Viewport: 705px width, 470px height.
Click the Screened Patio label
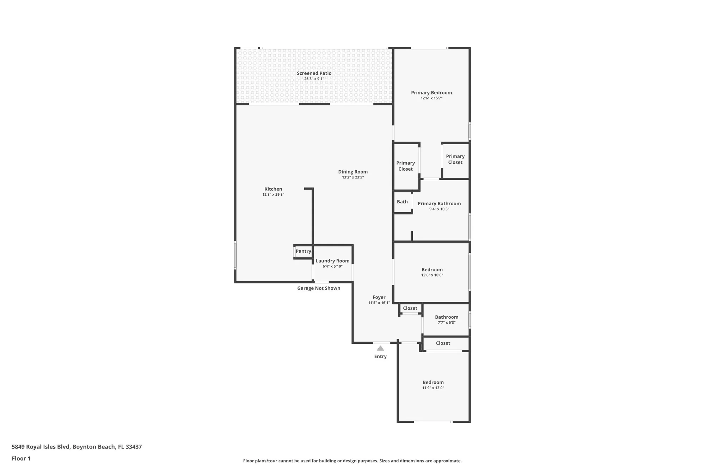pos(314,73)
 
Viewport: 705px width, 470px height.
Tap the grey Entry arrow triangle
pos(380,348)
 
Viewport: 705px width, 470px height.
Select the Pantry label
pos(303,251)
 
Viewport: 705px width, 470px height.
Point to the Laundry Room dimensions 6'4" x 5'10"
pos(332,267)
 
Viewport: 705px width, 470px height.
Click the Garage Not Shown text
pos(319,288)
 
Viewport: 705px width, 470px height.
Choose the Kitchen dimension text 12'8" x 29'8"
pos(273,195)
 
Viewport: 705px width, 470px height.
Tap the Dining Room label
pos(353,172)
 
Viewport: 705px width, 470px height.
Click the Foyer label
pos(379,297)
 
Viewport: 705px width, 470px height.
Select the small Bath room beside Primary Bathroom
pos(402,202)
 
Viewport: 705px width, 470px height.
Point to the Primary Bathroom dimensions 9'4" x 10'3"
pos(439,209)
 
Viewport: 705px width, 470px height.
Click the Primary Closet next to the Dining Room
pos(405,166)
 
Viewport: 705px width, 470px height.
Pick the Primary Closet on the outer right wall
pos(455,159)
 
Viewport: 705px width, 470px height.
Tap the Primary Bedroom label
pos(431,93)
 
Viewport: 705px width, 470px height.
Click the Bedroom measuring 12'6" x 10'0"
pos(432,270)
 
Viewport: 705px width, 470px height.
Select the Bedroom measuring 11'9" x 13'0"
pos(433,383)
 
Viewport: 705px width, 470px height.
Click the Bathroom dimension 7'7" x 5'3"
pos(447,323)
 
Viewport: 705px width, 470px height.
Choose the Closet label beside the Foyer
pos(410,308)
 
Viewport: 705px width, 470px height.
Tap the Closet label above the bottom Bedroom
pos(443,343)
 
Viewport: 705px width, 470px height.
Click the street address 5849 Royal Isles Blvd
pos(76,447)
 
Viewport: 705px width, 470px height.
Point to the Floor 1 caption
pos(21,458)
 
